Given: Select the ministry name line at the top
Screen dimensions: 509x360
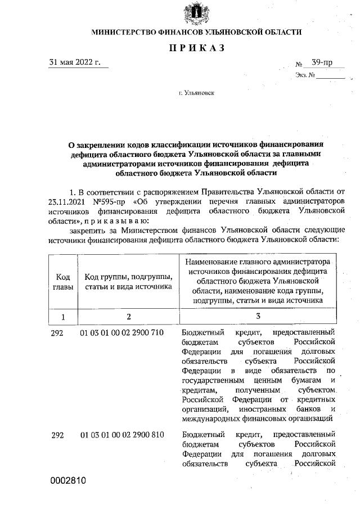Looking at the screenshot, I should (196, 33).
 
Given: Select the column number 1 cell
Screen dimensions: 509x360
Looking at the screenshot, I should (63, 317).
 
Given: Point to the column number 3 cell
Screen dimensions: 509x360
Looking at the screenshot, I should (258, 317).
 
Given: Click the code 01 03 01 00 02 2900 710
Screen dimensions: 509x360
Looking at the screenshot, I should (122, 333).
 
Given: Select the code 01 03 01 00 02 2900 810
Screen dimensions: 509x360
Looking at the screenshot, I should (122, 435).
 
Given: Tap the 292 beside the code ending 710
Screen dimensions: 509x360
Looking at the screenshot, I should (58, 333).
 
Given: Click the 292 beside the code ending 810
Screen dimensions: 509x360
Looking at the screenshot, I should (58, 435).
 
